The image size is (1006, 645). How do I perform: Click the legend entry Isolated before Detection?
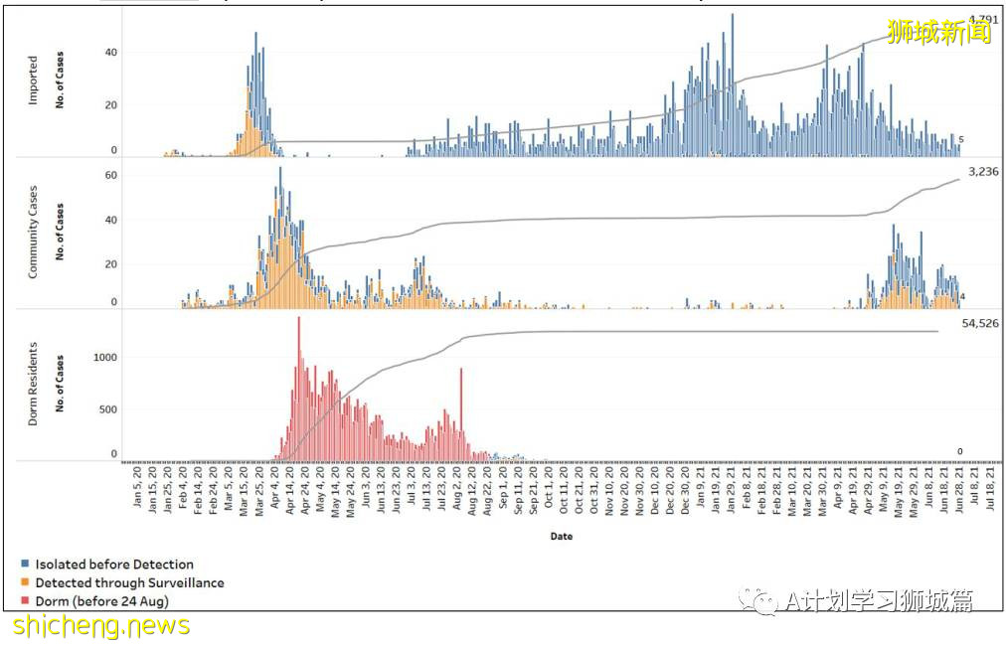coord(114,564)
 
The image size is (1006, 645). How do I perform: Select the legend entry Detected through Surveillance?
coord(129,583)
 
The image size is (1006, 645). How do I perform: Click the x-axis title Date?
coord(561,537)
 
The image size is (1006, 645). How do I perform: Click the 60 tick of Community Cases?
coord(111,175)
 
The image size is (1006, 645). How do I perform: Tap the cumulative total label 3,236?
coord(979,172)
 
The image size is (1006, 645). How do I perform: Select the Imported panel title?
coord(33,81)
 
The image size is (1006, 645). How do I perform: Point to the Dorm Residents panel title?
coord(33,384)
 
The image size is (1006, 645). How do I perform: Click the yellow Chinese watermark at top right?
coord(939,33)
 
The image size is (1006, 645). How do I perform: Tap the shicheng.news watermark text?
coord(100,625)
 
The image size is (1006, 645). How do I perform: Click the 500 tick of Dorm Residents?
coord(107,408)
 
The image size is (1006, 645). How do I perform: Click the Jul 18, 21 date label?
coord(989,495)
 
